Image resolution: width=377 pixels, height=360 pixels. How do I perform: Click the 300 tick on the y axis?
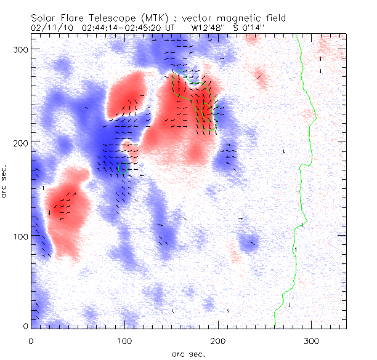point(18,49)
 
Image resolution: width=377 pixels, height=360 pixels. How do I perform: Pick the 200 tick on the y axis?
point(18,142)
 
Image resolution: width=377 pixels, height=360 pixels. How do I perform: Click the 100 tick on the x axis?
point(125,340)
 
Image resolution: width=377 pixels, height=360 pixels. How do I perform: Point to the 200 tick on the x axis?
point(218,340)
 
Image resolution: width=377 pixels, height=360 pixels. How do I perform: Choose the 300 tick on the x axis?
point(312,340)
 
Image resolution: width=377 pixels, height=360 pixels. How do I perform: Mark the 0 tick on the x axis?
point(31,340)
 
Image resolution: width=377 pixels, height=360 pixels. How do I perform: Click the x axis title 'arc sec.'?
point(187,353)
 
